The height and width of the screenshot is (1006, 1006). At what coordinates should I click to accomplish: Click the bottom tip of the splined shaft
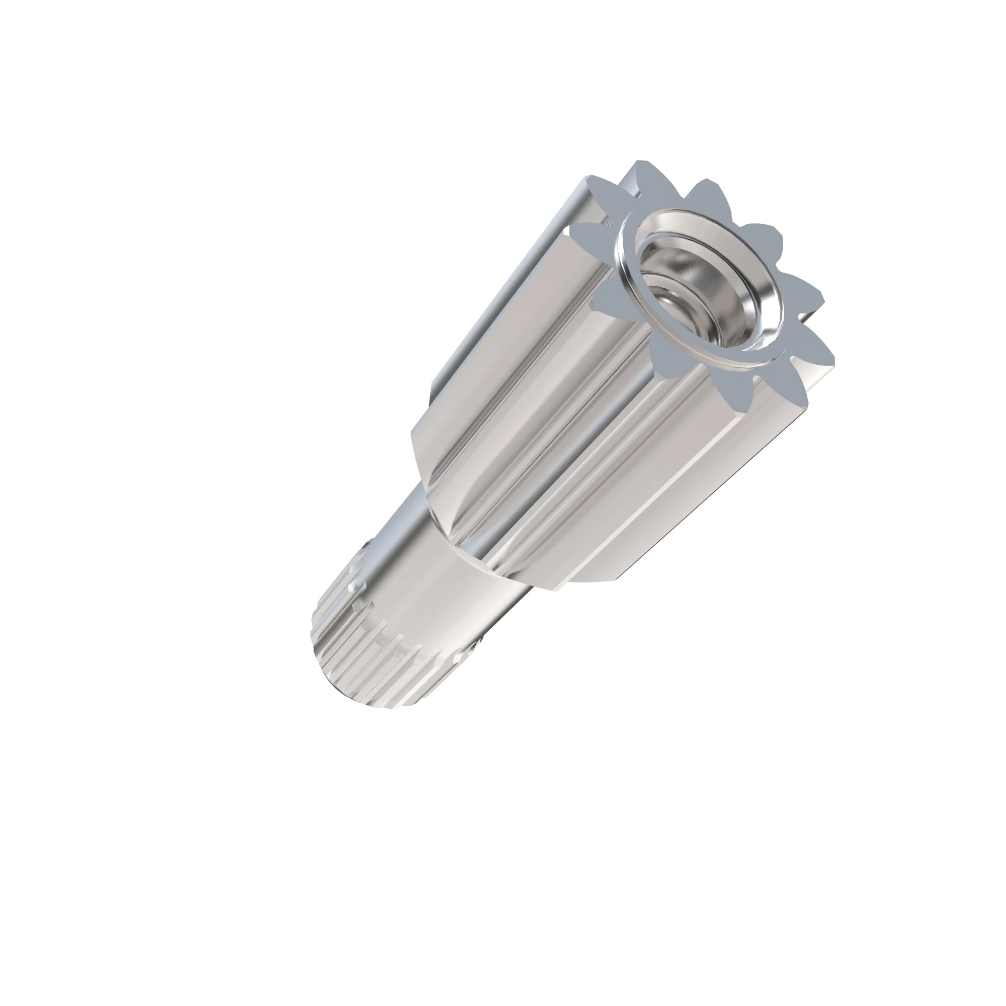(x=385, y=708)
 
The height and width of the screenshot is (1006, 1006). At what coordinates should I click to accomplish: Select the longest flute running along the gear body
(x=547, y=416)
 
